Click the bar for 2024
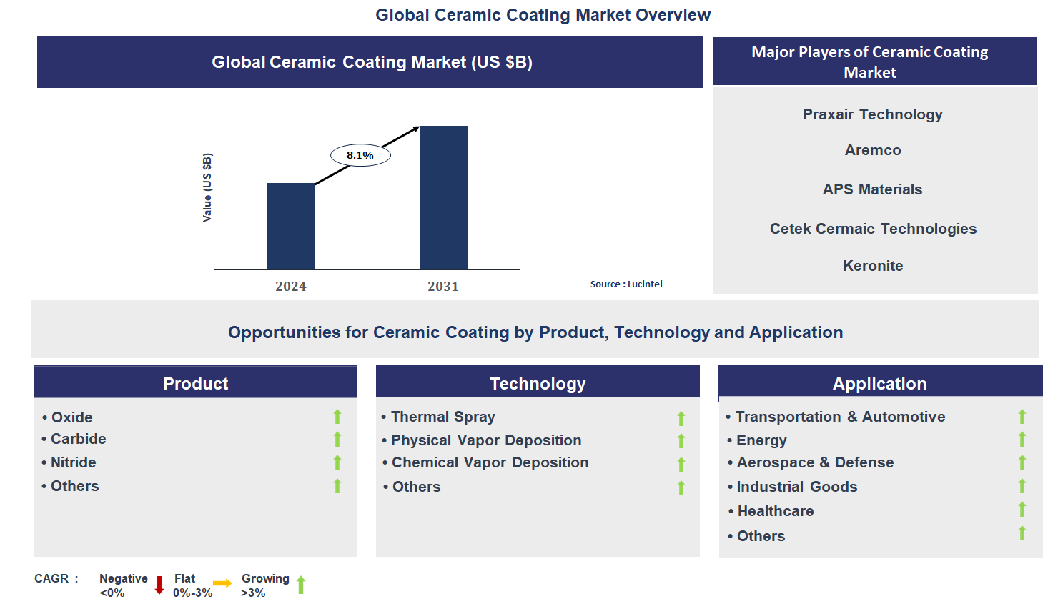pos(290,227)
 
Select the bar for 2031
pos(443,197)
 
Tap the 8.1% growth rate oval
pos(360,155)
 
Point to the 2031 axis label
pos(442,286)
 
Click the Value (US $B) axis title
pos(207,187)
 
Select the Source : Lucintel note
pos(626,284)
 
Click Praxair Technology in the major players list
pos(872,114)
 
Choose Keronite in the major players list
pos(873,266)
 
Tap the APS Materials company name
pos(872,189)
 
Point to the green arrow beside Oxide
pos(337,417)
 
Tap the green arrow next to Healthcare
pos(1022,509)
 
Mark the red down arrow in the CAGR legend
pos(159,585)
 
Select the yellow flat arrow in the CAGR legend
pos(222,583)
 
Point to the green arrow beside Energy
pos(1022,440)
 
